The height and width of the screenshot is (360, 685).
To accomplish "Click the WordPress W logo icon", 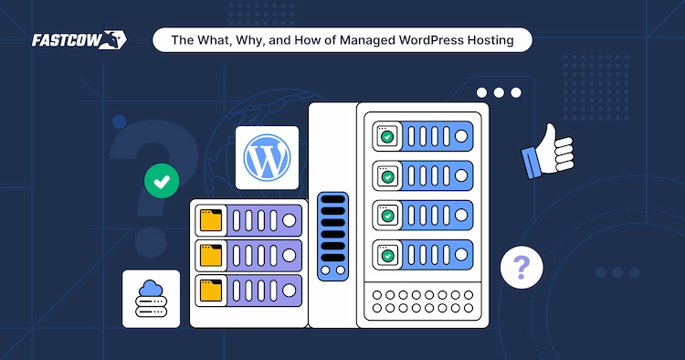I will tap(267, 157).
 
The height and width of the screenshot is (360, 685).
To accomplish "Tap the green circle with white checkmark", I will tap(162, 182).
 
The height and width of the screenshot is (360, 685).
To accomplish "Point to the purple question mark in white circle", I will tap(522, 268).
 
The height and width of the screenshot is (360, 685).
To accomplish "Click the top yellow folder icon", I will tap(211, 220).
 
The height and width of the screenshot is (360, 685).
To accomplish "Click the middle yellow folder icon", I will tap(211, 253).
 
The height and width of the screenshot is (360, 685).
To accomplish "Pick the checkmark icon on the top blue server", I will tap(387, 137).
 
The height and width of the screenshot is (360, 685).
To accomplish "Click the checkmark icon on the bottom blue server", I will tap(387, 254).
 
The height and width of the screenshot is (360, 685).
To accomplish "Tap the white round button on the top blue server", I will tap(461, 137).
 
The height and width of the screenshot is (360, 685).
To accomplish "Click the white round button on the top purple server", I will tap(290, 220).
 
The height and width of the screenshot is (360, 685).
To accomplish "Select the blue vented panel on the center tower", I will tap(332, 236).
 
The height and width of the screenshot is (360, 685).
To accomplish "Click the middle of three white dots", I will tap(499, 92).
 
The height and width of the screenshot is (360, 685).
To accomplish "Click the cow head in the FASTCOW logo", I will tap(116, 40).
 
